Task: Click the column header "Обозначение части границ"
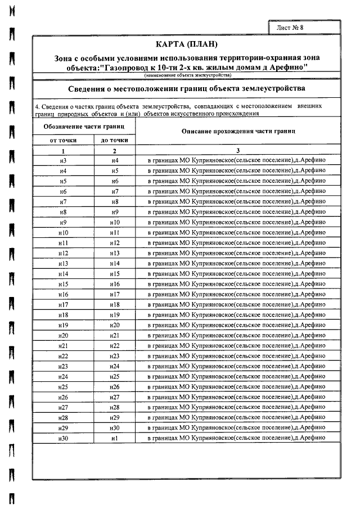[x=84, y=127]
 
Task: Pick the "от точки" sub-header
[x=64, y=140]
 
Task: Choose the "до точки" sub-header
[x=114, y=140]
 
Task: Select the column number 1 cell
[x=64, y=151]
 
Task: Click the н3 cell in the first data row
[x=63, y=161]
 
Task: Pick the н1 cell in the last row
[x=115, y=438]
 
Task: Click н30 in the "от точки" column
[x=63, y=438]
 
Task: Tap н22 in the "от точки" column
[x=63, y=356]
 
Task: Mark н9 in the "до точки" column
[x=115, y=212]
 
